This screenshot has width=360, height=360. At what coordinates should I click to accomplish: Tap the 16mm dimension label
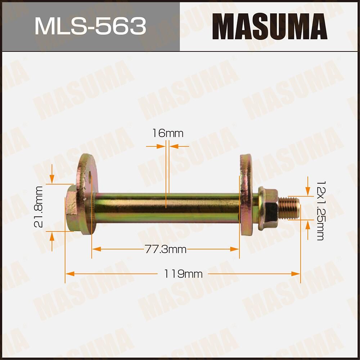click(x=167, y=134)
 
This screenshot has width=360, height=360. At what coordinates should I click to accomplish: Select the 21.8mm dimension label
click(x=39, y=207)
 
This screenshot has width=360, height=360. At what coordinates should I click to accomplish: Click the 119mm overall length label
click(x=183, y=274)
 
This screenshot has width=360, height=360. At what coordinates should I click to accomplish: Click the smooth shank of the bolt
click(x=166, y=208)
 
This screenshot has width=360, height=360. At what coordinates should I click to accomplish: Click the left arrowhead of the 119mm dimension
click(x=69, y=274)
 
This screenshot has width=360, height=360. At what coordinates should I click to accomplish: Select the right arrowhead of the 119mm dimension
click(x=297, y=274)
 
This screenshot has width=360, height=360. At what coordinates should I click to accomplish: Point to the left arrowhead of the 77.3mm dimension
click(x=95, y=249)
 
